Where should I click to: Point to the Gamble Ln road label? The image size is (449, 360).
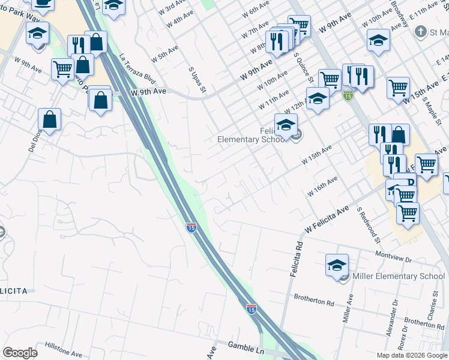pos(246,346)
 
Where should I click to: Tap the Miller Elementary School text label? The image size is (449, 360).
pos(399,276)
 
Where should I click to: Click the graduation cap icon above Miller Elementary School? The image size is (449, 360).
pos(337,265)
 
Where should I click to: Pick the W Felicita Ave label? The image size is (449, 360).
pos(327,220)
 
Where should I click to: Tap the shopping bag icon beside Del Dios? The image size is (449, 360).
pos(50,120)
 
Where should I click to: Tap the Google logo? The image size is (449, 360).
pos(20,353)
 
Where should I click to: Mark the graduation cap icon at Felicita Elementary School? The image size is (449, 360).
pos(286,125)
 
